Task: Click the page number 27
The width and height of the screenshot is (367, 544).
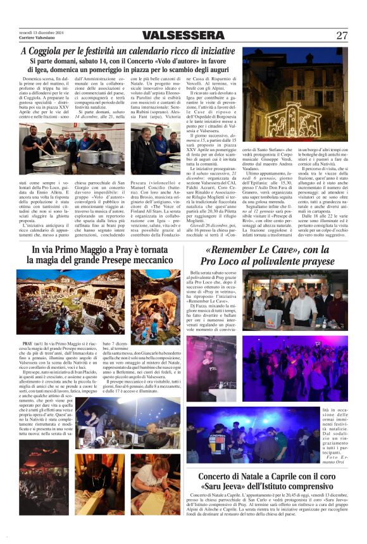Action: click(x=342, y=35)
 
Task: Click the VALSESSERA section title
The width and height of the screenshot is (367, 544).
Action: click(x=183, y=35)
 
